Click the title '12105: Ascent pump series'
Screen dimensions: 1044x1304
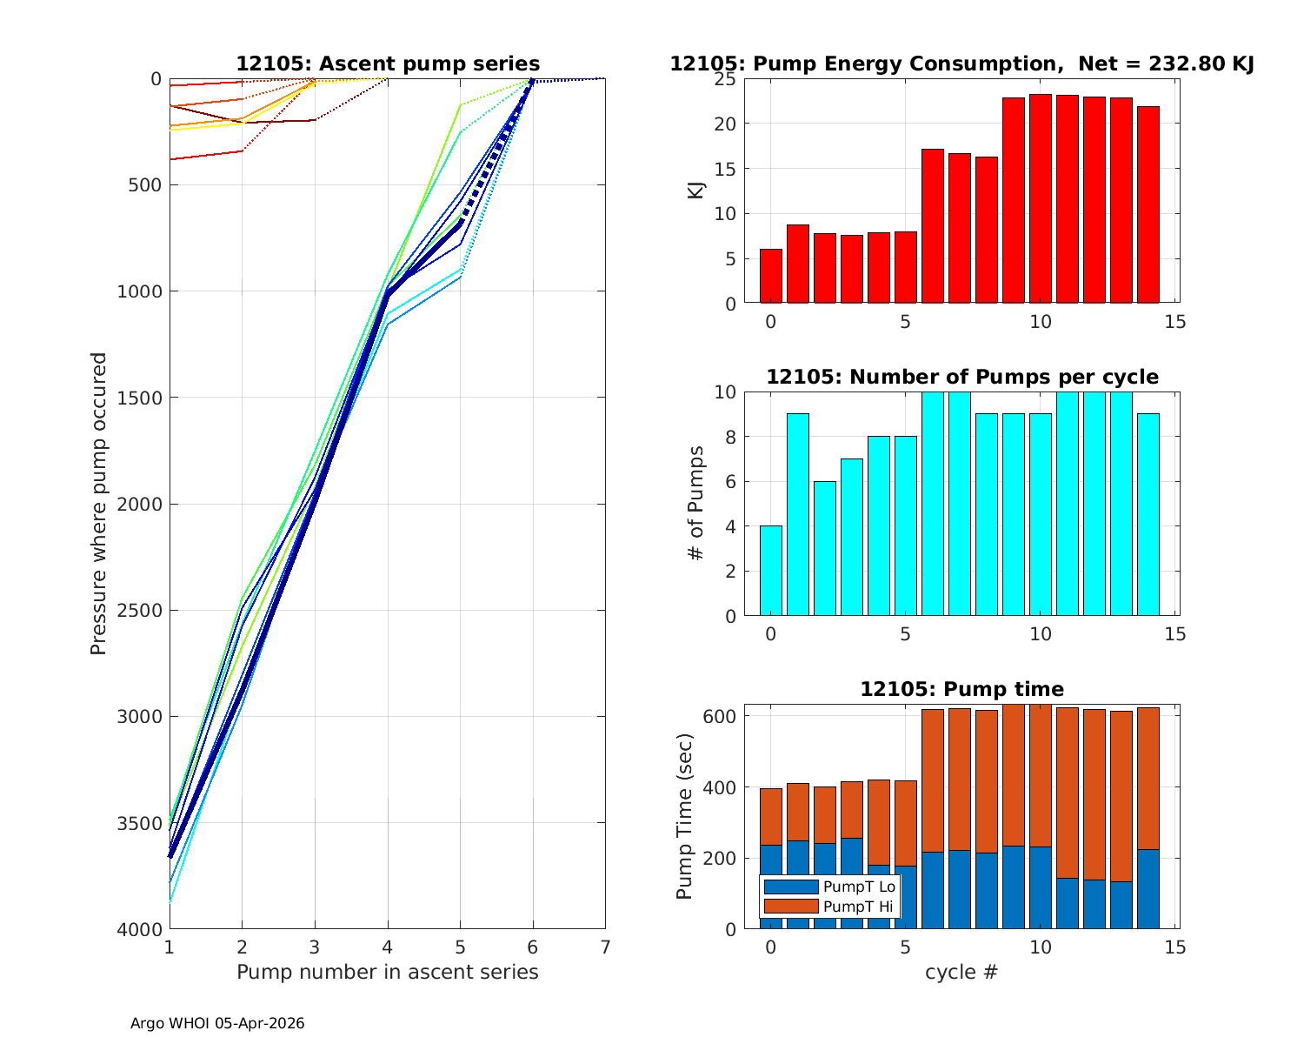pyautogui.click(x=388, y=64)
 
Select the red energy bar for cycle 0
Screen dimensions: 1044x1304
pyautogui.click(x=771, y=276)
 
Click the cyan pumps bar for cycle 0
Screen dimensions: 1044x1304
pyautogui.click(x=771, y=571)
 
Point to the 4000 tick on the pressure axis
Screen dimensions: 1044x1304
pyautogui.click(x=139, y=930)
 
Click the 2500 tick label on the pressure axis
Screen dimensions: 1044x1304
pyautogui.click(x=139, y=611)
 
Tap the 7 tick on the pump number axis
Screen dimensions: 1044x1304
pyautogui.click(x=605, y=947)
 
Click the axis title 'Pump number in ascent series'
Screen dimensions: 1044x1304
pyautogui.click(x=388, y=972)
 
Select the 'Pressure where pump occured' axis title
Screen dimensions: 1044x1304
pyautogui.click(x=99, y=504)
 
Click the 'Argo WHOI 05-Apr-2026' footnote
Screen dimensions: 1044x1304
pyautogui.click(x=217, y=1024)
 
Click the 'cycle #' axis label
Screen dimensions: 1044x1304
pyautogui.click(x=961, y=972)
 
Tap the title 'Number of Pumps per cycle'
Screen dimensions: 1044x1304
pyautogui.click(x=961, y=377)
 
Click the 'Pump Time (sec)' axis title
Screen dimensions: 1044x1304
pyautogui.click(x=685, y=817)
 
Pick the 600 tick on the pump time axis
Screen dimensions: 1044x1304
pyautogui.click(x=719, y=717)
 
